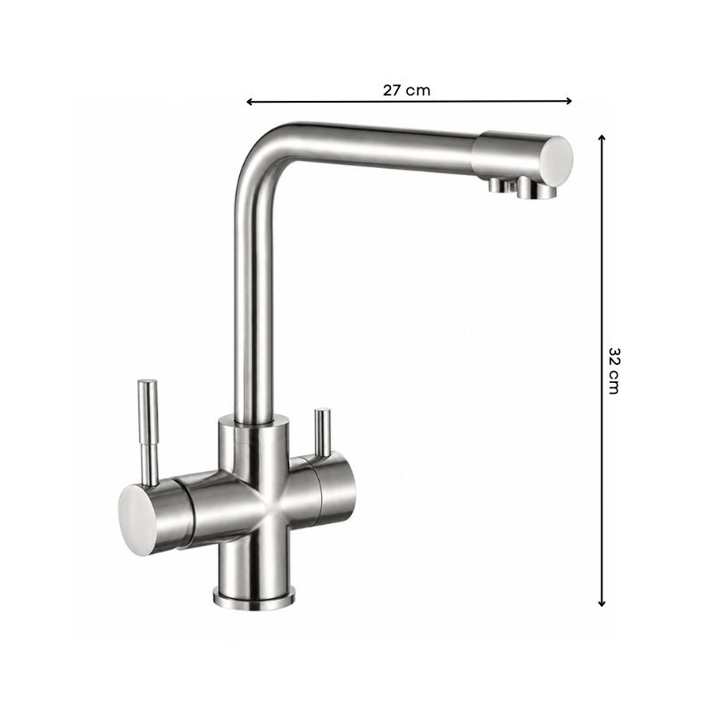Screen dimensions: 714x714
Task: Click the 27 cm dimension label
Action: pyautogui.click(x=406, y=90)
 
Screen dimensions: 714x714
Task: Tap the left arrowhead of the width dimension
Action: pyautogui.click(x=250, y=102)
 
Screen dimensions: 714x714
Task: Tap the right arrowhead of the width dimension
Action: pyautogui.click(x=569, y=101)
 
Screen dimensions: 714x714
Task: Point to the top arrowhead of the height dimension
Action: pyautogui.click(x=602, y=138)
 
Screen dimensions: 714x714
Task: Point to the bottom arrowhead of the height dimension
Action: pyautogui.click(x=602, y=603)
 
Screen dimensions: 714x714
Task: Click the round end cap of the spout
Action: pyautogui.click(x=557, y=160)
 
